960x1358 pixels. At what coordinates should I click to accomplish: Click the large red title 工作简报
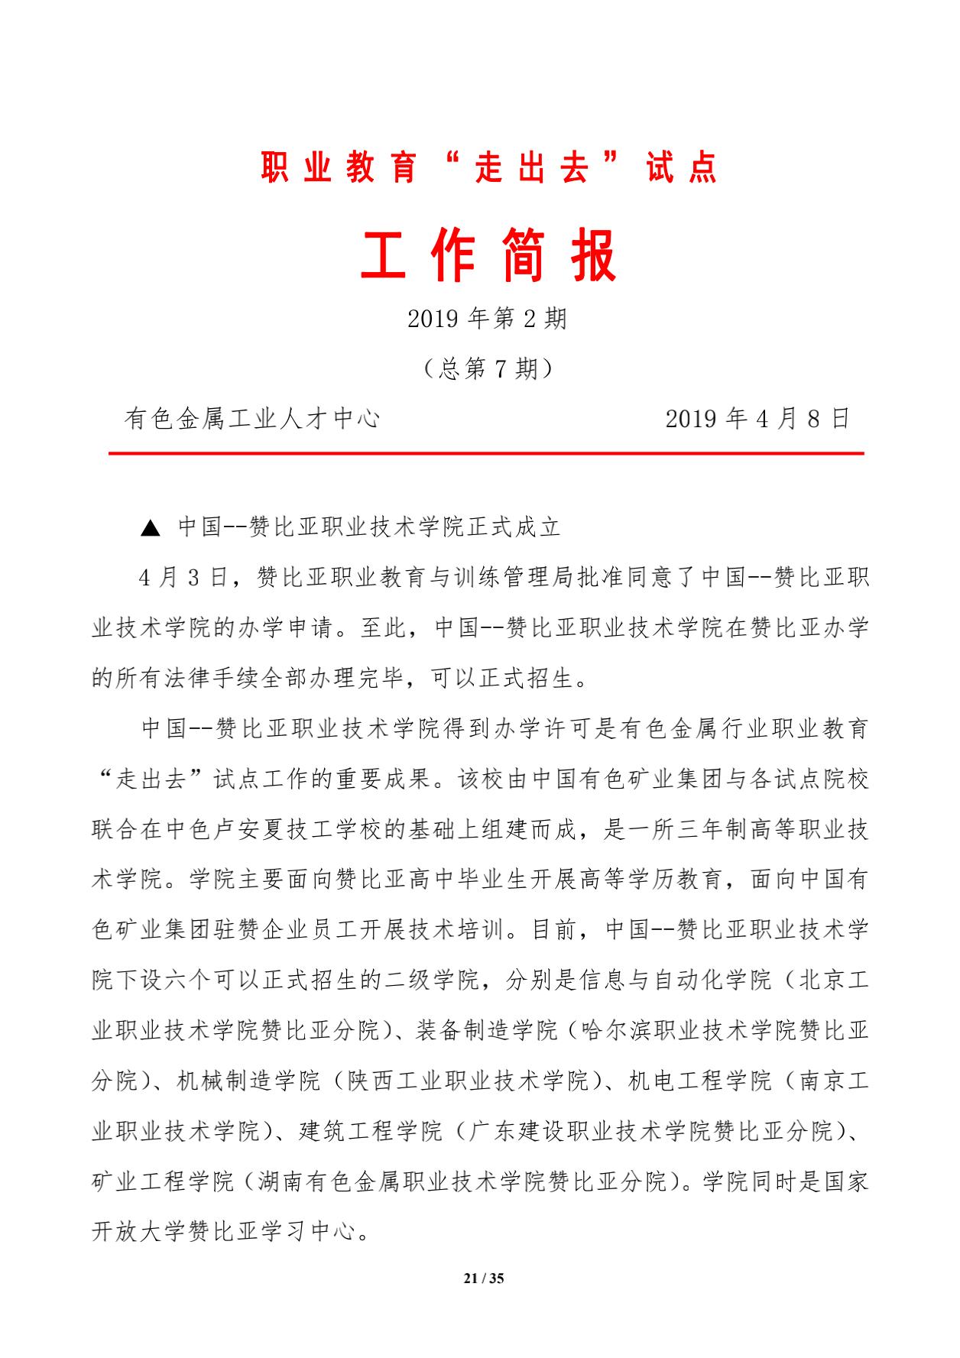coord(488,258)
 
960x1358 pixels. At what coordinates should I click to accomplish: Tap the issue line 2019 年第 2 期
coord(488,318)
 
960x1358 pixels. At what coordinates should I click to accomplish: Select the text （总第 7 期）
coord(488,369)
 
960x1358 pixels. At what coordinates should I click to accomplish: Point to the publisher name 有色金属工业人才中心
coord(252,419)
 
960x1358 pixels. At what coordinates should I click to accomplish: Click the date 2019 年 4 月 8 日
coord(757,419)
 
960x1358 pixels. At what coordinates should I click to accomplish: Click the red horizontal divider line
coord(486,454)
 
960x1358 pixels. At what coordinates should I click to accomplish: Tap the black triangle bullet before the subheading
coord(151,528)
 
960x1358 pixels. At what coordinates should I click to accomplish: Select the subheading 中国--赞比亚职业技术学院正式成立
coord(370,527)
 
